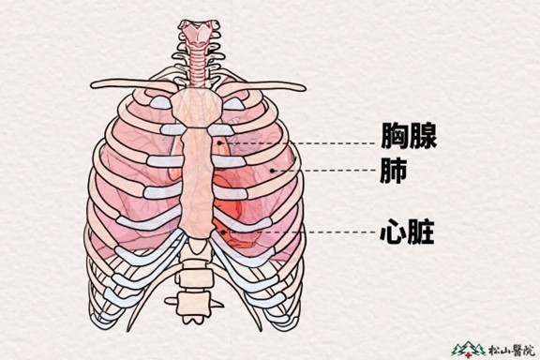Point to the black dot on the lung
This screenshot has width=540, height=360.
point(272,171)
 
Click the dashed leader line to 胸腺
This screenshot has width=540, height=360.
point(300,144)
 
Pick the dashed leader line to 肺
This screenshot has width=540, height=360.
point(323,171)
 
